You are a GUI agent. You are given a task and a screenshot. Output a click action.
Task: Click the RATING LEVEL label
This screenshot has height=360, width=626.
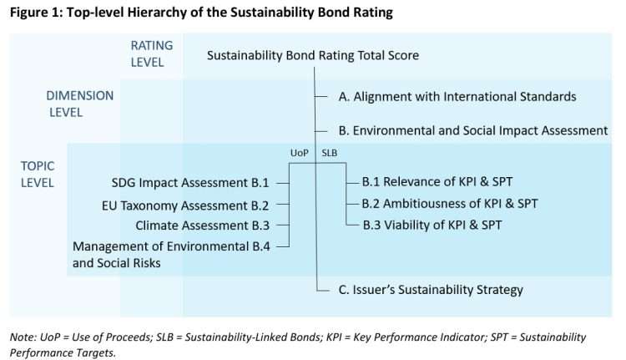coord(148,53)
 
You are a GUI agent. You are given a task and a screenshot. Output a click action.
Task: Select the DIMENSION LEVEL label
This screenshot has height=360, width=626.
coord(80,104)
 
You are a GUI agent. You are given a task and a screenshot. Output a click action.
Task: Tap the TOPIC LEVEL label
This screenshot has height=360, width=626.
coord(38,174)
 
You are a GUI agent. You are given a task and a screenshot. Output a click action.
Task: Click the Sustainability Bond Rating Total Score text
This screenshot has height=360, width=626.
coord(313,55)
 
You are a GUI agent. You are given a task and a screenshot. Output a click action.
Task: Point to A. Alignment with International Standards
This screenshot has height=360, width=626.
coord(457,97)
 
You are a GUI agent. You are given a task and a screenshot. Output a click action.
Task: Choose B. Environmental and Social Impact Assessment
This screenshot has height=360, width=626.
coord(472,130)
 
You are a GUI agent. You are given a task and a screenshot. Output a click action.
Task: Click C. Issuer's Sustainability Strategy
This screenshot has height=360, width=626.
coord(430,290)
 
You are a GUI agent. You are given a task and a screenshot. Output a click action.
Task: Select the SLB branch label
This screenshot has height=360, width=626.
coord(330,152)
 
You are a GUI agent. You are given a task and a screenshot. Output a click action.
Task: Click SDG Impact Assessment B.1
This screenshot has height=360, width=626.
coord(189,182)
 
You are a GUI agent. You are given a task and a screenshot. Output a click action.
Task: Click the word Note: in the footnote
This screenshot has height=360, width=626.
coord(24,337)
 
